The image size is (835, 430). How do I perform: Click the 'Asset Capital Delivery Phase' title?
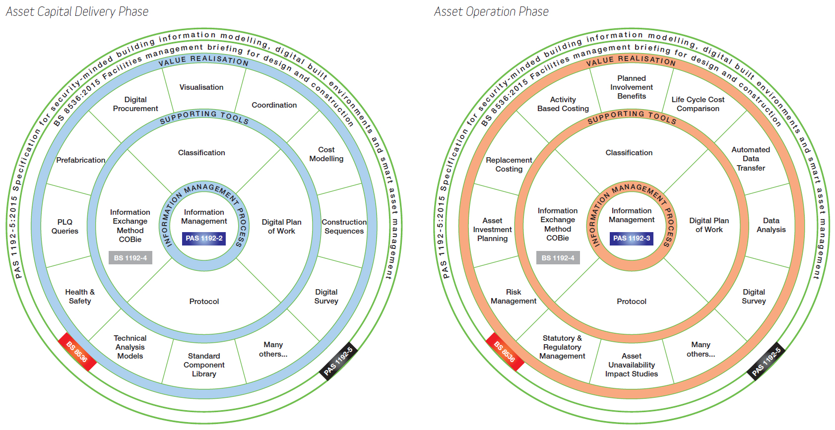[77, 11]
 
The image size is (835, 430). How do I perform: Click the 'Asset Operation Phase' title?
[491, 11]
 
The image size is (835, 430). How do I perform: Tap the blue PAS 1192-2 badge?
[204, 239]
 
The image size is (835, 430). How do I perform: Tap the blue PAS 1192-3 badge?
[632, 239]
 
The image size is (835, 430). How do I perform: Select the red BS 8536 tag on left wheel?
[77, 352]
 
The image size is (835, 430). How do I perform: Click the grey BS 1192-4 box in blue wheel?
[130, 258]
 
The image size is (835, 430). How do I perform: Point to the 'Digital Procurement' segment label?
[135, 104]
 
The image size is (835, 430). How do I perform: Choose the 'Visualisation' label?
[201, 87]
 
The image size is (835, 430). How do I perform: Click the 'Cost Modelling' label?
[326, 154]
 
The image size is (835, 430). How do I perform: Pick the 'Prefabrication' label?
[80, 160]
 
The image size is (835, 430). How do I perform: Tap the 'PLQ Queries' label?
[65, 227]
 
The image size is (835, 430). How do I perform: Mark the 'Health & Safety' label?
[80, 297]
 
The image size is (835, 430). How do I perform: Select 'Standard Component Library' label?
[204, 365]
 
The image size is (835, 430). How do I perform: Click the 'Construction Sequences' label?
[344, 227]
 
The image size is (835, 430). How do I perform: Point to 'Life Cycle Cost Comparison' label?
[698, 104]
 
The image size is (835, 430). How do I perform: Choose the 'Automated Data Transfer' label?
[751, 159]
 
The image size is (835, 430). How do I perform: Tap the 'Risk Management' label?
[514, 297]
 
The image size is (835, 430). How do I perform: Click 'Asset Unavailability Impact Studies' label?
[632, 365]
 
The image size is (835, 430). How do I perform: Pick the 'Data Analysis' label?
[771, 225]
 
